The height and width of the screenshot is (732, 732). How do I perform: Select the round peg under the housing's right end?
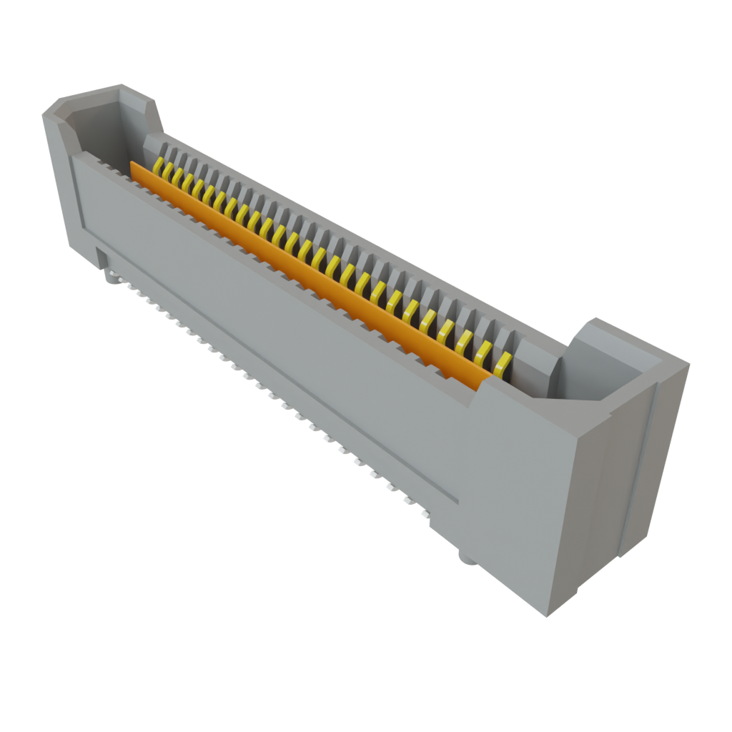coord(466,558)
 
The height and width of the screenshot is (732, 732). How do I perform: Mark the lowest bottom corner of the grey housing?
coord(546,616)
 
